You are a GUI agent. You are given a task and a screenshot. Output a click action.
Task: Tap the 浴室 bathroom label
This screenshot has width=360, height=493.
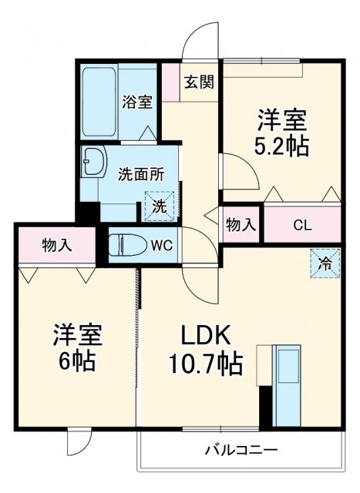(138, 101)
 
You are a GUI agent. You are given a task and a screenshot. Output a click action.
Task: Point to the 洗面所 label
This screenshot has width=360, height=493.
(140, 174)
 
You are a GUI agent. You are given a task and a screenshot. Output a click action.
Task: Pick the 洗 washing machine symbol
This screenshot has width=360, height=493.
(160, 206)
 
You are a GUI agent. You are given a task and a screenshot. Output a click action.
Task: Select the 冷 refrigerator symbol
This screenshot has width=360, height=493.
(325, 264)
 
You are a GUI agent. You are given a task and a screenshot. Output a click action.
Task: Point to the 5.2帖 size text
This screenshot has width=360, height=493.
(282, 146)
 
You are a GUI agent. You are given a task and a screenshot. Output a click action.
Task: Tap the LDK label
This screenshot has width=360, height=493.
(206, 336)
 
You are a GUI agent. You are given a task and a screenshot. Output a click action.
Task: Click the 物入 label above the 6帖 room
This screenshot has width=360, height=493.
(57, 246)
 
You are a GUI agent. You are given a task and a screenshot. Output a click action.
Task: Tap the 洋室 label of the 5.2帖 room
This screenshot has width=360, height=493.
(282, 120)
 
